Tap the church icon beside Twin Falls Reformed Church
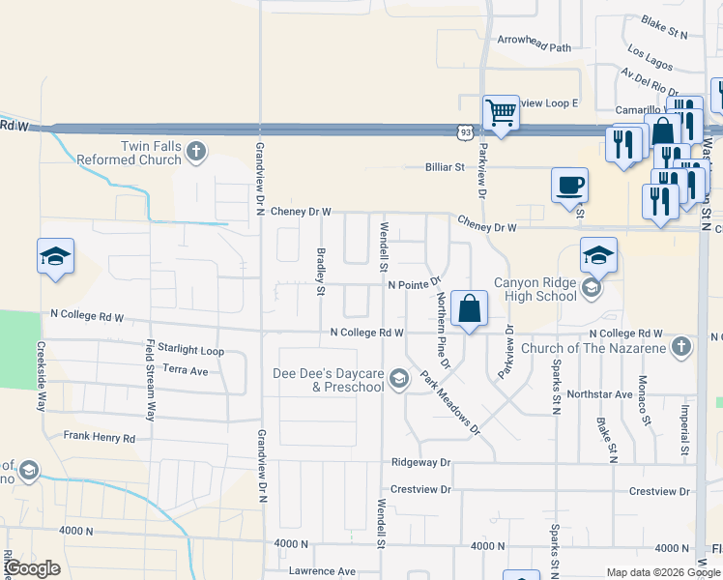pyautogui.click(x=197, y=151)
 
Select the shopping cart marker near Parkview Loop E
pyautogui.click(x=501, y=112)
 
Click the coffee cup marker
pyautogui.click(x=569, y=185)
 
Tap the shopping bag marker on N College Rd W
pyautogui.click(x=469, y=309)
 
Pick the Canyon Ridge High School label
pyautogui.click(x=535, y=289)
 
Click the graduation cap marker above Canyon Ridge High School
pyautogui.click(x=598, y=256)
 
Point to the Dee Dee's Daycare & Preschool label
pyautogui.click(x=330, y=381)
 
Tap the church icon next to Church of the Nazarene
pyautogui.click(x=682, y=346)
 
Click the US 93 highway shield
pyautogui.click(x=466, y=130)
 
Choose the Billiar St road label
pyautogui.click(x=445, y=167)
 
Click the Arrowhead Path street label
pyautogui.click(x=534, y=46)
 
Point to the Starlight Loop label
pyautogui.click(x=191, y=351)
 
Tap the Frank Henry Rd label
pyautogui.click(x=100, y=437)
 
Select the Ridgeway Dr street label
pyautogui.click(x=420, y=463)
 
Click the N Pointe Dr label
pyautogui.click(x=414, y=285)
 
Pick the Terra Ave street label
pyautogui.click(x=186, y=370)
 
